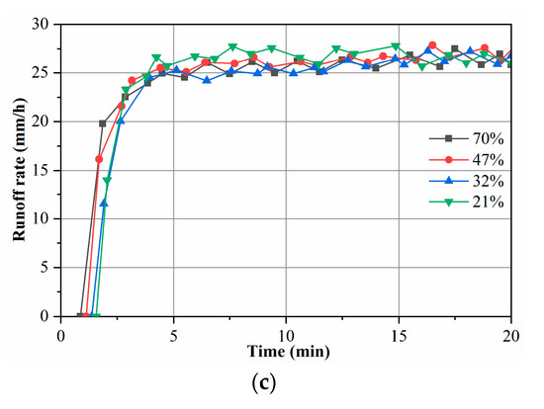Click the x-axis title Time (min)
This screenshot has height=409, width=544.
(x=286, y=353)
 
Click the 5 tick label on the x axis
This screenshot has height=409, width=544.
(x=174, y=333)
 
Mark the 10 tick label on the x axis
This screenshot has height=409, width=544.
(x=287, y=333)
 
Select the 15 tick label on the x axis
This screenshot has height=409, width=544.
(x=400, y=333)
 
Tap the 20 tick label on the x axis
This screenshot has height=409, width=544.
(x=510, y=333)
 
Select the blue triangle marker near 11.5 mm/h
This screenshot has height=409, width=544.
(x=104, y=204)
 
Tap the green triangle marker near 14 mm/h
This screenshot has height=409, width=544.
(x=107, y=181)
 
